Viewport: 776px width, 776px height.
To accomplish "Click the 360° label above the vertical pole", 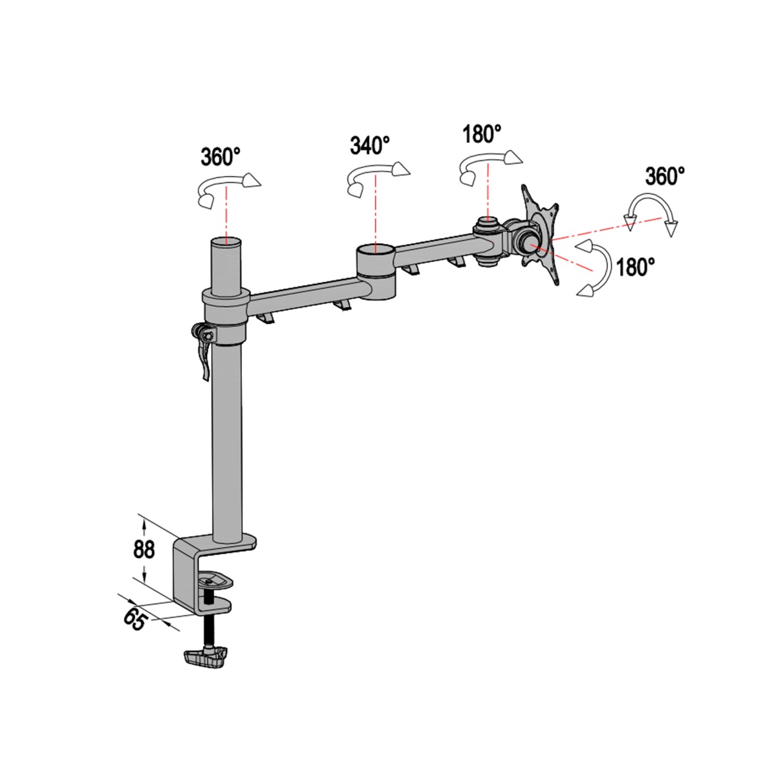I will pos(221,157).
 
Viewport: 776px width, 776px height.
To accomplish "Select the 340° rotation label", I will pos(370,145).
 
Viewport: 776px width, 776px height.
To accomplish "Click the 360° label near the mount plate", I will pos(665,176).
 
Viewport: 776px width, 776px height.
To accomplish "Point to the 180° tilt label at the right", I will pos(636,267).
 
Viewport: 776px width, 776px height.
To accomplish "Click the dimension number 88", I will pos(144,549).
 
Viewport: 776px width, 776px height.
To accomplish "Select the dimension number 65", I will pos(134,619).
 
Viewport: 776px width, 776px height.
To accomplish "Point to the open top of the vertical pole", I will pos(226,243).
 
